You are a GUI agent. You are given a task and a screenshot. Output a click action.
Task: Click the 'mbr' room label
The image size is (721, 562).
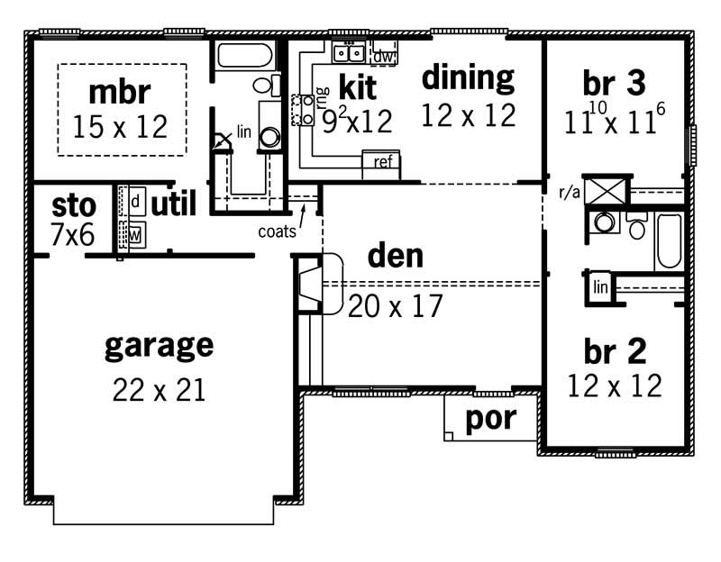click(120, 92)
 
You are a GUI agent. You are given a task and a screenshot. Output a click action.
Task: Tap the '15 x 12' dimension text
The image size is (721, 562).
click(120, 127)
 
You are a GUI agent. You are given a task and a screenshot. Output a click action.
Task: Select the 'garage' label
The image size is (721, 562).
click(159, 344)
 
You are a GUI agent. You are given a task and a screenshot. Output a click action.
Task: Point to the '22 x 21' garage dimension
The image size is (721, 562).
click(159, 389)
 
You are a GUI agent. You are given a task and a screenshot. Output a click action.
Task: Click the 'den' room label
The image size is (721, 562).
click(395, 257)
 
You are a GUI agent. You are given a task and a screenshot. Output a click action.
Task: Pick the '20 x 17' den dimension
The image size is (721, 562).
click(397, 306)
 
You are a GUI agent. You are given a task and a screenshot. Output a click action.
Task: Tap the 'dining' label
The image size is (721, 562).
click(468, 79)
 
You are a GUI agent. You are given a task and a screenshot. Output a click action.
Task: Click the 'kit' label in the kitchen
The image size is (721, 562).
click(357, 87)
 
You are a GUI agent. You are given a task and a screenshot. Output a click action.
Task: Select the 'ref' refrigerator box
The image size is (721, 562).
click(380, 162)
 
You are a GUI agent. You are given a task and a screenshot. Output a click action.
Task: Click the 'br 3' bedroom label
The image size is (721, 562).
click(614, 84)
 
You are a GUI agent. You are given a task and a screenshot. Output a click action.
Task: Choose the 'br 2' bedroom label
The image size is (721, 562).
click(614, 351)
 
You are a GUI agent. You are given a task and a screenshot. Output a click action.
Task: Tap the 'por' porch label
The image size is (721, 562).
click(490, 420)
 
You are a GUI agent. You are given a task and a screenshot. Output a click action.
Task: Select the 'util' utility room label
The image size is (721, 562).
click(173, 204)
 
